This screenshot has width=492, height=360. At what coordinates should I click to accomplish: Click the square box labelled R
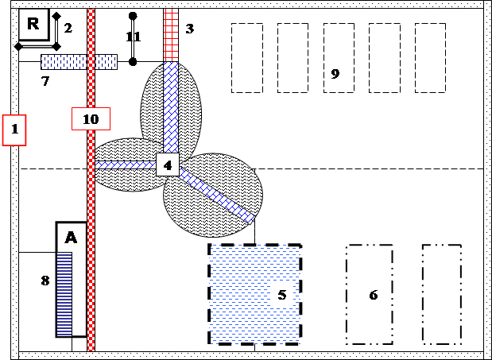coord(34,25)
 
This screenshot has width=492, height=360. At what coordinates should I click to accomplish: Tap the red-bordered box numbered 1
coord(14,130)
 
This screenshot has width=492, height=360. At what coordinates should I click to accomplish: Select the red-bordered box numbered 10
coord(91,119)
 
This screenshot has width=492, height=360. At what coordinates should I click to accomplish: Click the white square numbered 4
coord(168,165)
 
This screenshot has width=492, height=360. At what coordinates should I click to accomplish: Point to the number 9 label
coord(335,74)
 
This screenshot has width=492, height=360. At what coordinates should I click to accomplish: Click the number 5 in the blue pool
coord(282,295)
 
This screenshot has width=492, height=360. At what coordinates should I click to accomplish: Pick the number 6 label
coord(374,295)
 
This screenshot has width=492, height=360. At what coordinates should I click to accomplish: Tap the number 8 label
coord(45,281)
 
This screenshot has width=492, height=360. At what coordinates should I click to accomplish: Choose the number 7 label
coord(45,81)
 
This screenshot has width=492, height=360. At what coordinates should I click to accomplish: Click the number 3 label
coord(189,29)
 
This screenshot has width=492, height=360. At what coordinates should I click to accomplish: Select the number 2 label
coord(68,29)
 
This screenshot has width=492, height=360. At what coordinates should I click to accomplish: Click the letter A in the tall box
coord(71,238)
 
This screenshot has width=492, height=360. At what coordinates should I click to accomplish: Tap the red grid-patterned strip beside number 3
coord(171,35)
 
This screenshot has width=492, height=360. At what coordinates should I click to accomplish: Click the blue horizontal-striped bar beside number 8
coord(64,295)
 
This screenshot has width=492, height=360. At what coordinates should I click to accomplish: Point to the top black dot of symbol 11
coord(133,16)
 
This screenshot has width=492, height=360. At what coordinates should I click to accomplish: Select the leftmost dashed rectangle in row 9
coord(247,58)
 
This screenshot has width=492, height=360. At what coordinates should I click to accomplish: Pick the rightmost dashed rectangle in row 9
coord(430,58)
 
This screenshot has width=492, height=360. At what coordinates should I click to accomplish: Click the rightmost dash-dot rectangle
coord(442,295)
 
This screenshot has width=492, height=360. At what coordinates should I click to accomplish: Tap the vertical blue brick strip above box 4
coord(171,107)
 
